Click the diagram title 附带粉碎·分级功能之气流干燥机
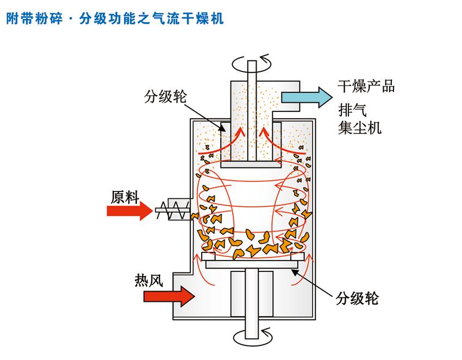tap(115, 19)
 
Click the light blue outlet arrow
tap(307, 97)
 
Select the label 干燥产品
tap(365, 86)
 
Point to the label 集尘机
tap(359, 128)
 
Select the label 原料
tap(126, 197)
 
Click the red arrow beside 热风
tap(169, 296)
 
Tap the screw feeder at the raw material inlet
tap(173, 208)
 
